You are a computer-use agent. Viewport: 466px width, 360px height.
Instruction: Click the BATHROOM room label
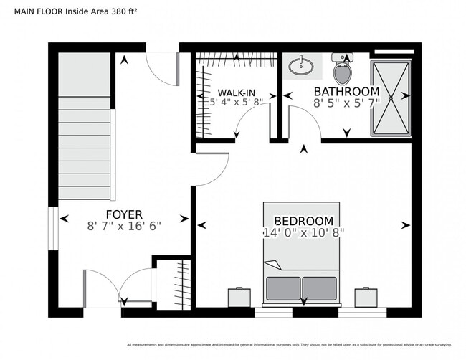coord(346,92)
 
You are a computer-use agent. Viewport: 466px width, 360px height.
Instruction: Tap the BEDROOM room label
coord(303,221)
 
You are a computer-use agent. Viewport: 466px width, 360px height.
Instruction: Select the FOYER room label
coord(124,214)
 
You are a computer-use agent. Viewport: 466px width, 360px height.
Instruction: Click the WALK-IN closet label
coord(237,93)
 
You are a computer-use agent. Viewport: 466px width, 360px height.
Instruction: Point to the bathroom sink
coord(300,67)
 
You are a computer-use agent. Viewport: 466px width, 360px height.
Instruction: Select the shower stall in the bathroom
coord(391,98)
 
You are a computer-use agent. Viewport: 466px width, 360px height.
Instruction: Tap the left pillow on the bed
coord(282,288)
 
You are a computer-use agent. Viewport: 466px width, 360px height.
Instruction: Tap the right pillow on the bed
coord(319,288)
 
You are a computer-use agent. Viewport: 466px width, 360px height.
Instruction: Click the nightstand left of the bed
coord(239,297)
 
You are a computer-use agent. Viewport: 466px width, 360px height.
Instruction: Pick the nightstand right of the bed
coord(366,297)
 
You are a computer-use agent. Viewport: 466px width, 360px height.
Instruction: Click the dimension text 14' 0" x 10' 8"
coord(303,233)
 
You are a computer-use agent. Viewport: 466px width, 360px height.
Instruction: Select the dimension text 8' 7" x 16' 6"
coord(124,225)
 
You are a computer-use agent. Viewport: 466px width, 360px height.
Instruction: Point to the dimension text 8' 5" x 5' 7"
coord(346,103)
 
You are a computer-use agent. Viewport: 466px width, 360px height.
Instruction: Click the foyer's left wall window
coord(52,229)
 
